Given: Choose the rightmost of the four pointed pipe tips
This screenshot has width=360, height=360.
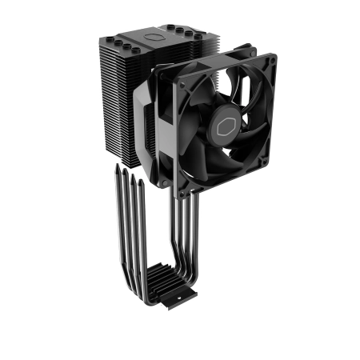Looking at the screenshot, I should point(143,182).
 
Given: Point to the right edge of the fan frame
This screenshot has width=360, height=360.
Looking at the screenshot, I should point(267,120).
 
